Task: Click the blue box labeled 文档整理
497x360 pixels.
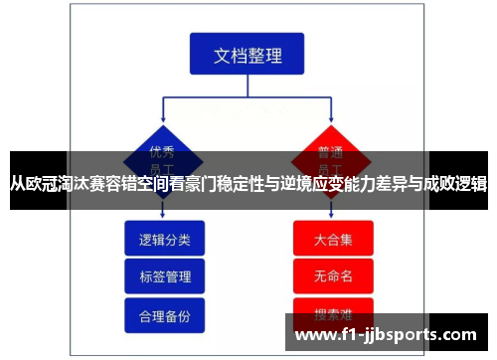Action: [x=248, y=56]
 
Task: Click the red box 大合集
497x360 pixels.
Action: [x=332, y=239]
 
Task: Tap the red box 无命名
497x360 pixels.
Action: [x=332, y=275]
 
